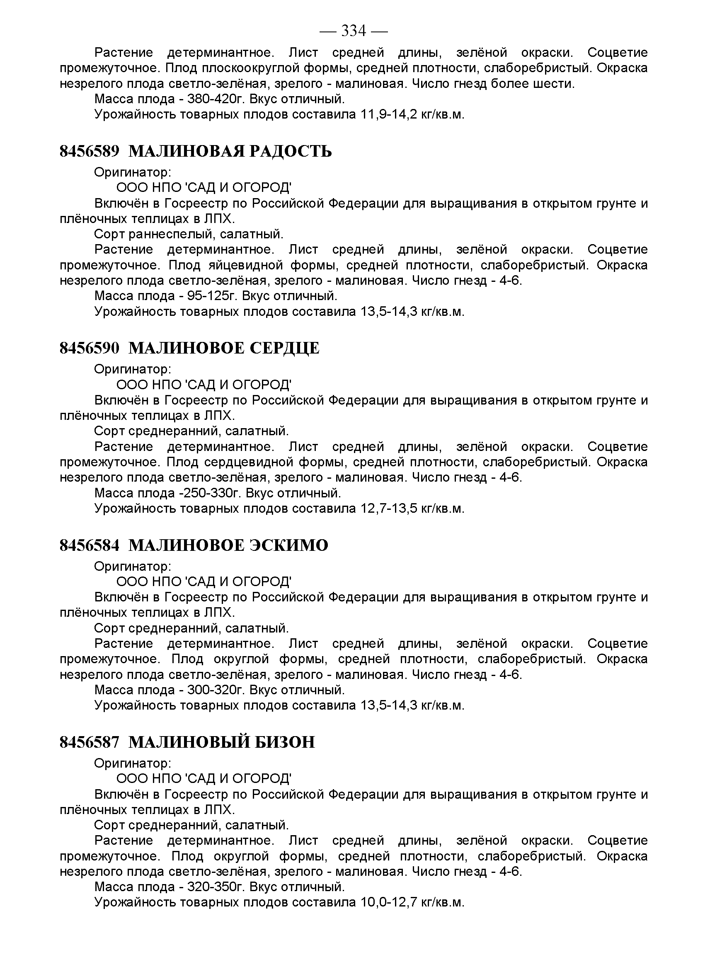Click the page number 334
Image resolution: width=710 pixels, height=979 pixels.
click(x=354, y=31)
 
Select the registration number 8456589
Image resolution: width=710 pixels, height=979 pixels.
click(x=89, y=151)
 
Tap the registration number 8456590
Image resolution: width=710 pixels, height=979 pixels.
click(x=89, y=348)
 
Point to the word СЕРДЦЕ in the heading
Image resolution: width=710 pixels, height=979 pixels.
click(x=285, y=348)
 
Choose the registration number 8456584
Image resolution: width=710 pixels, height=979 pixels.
click(x=89, y=545)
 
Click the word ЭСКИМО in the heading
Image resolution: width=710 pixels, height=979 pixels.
click(x=289, y=545)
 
